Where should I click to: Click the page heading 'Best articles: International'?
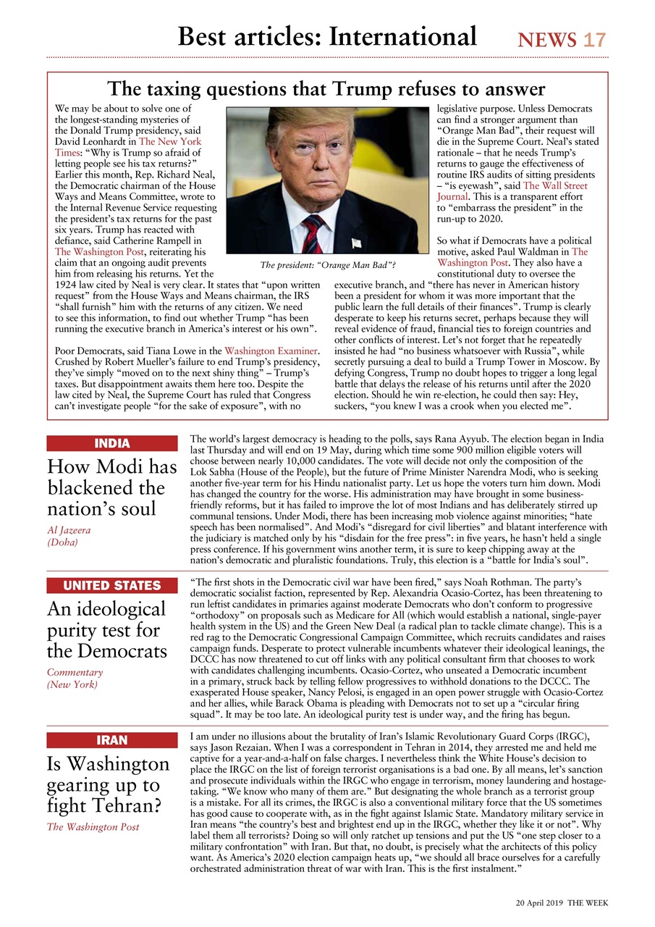[327, 36]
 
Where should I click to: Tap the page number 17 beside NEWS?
[594, 40]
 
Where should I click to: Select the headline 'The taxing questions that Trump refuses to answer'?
[326, 89]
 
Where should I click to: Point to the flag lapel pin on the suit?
[356, 243]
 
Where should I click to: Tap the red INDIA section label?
[111, 443]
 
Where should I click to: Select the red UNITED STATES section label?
[111, 585]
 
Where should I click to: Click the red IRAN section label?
[111, 739]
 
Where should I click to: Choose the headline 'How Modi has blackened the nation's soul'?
[111, 487]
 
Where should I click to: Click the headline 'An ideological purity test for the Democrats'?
[106, 629]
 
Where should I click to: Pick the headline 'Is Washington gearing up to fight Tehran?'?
[108, 784]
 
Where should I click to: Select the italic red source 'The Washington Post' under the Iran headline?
[93, 826]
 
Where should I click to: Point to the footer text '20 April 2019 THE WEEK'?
[562, 903]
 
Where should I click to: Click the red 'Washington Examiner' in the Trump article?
[271, 351]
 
